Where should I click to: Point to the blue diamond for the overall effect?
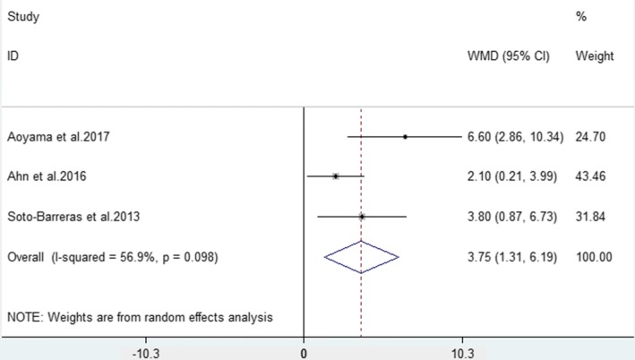point(361,256)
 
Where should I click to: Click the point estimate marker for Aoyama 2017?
point(405,137)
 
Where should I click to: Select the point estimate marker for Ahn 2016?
point(336,176)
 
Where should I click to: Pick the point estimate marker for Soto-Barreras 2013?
point(362,216)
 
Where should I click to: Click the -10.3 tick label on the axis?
point(145,353)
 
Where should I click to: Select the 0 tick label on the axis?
point(305,353)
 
